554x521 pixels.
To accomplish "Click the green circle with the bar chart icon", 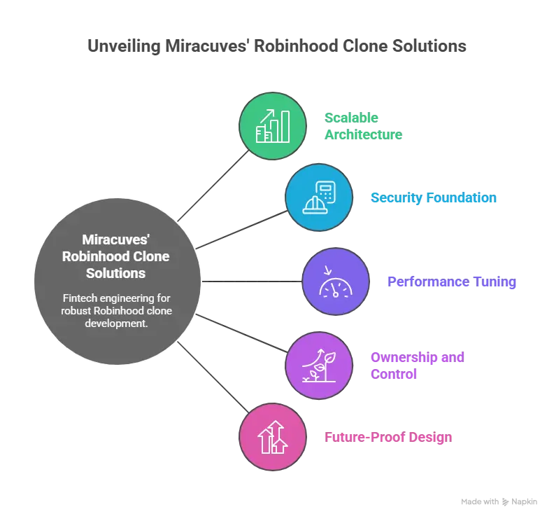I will pyautogui.click(x=273, y=126).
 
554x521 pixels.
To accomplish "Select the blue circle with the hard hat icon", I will pyautogui.click(x=318, y=197).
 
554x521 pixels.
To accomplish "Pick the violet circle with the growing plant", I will pyautogui.click(x=318, y=366).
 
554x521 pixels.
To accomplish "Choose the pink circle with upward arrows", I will pyautogui.click(x=273, y=437).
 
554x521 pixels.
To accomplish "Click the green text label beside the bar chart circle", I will pyautogui.click(x=362, y=126).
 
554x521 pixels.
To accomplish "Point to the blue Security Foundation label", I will pyautogui.click(x=433, y=198).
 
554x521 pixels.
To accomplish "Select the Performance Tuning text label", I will pyautogui.click(x=451, y=282).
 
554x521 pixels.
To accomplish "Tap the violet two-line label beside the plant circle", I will pyautogui.click(x=416, y=366).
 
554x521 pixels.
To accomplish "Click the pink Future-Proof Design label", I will pyautogui.click(x=388, y=437).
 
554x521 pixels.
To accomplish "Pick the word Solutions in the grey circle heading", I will pyautogui.click(x=116, y=272).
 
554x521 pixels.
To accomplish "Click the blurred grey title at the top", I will pyautogui.click(x=276, y=48).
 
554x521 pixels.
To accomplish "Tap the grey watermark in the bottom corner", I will pyautogui.click(x=498, y=501).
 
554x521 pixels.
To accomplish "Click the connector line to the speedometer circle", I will pyautogui.click(x=252, y=282).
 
